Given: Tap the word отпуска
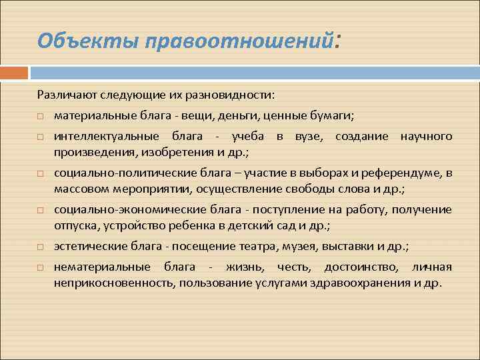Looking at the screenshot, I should tap(75, 225).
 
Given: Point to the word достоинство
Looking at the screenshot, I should tap(360, 267).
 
